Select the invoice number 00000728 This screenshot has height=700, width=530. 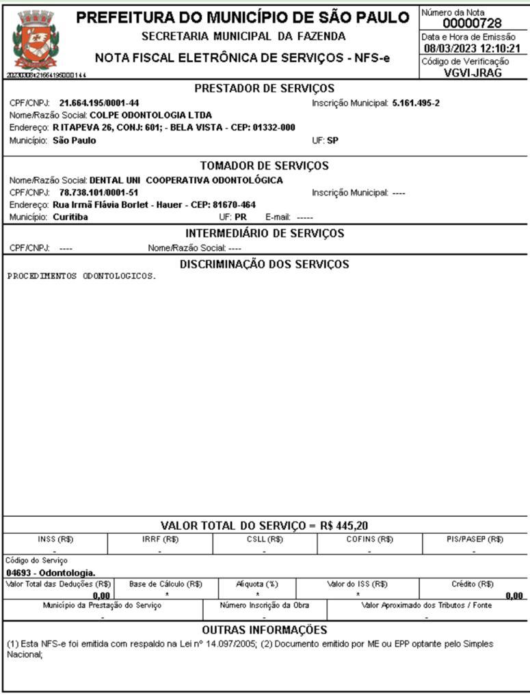[x=472, y=24]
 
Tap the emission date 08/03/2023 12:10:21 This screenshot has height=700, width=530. [x=472, y=49]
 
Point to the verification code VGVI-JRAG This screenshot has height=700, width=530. [x=472, y=72]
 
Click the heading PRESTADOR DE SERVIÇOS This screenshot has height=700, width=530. [x=264, y=88]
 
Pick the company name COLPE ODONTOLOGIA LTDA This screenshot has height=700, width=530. [x=151, y=115]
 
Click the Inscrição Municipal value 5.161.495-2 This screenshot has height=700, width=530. [x=416, y=103]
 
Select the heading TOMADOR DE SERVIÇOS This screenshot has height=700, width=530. [x=264, y=166]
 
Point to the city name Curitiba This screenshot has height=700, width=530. [x=70, y=217]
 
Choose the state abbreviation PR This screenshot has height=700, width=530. [x=241, y=217]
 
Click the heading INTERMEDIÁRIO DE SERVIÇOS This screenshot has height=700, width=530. [x=264, y=234]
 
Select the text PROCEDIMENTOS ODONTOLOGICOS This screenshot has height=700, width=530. [x=81, y=277]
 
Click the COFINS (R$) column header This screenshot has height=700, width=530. [x=369, y=539]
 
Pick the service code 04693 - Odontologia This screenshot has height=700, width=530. [x=51, y=572]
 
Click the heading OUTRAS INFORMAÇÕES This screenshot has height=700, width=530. [x=264, y=630]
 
